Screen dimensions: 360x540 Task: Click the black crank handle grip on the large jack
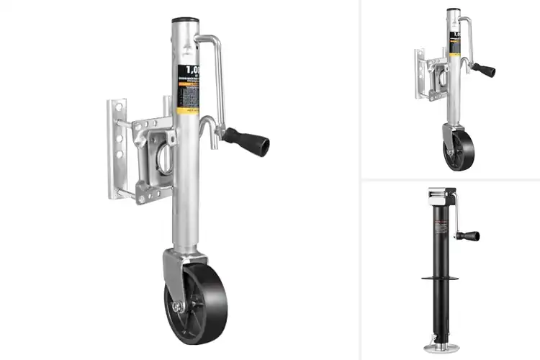246,140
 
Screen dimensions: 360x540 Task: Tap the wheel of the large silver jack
198,303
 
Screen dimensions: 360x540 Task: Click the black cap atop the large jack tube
184,21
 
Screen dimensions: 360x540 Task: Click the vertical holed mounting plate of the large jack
115,148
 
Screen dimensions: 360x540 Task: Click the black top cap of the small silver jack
452,10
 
